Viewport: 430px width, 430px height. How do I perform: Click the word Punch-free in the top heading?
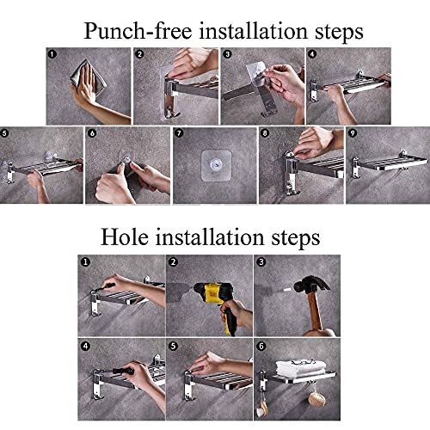[x=138, y=30]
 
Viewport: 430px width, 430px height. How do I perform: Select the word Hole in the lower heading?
[x=125, y=237]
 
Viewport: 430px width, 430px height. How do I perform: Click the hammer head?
[x=311, y=285]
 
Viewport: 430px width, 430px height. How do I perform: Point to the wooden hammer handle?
[x=315, y=311]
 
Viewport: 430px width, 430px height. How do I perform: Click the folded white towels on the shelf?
[x=301, y=369]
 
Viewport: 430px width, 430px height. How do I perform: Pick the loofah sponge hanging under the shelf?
[x=317, y=399]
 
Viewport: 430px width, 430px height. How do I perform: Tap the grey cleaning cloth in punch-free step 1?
[x=89, y=77]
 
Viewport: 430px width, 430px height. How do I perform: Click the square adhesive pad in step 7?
[x=216, y=165]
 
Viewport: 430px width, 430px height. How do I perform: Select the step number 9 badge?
[x=353, y=133]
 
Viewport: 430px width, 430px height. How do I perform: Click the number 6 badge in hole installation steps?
[x=261, y=347]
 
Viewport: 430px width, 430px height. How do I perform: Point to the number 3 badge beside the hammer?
[x=261, y=262]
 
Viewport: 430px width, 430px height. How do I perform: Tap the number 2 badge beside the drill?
[x=173, y=262]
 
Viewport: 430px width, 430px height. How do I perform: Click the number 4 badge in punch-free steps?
[x=312, y=54]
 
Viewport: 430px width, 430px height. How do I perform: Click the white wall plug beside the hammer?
[x=287, y=290]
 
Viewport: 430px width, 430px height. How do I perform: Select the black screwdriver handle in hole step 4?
[x=124, y=371]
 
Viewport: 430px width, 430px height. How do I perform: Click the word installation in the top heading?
[x=254, y=30]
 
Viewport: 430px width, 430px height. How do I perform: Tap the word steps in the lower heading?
[x=296, y=239]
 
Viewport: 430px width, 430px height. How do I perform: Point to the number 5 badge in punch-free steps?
[x=4, y=133]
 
